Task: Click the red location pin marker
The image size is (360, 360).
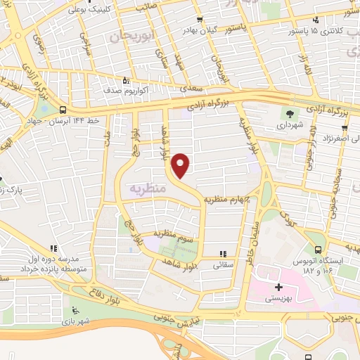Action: point(181,165)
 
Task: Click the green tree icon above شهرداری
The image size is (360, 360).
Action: point(288,112)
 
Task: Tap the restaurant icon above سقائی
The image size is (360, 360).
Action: point(224,254)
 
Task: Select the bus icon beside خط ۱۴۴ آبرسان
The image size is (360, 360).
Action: point(64,110)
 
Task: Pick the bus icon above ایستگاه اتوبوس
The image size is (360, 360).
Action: point(319,250)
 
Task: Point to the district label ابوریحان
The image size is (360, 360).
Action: point(131,33)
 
